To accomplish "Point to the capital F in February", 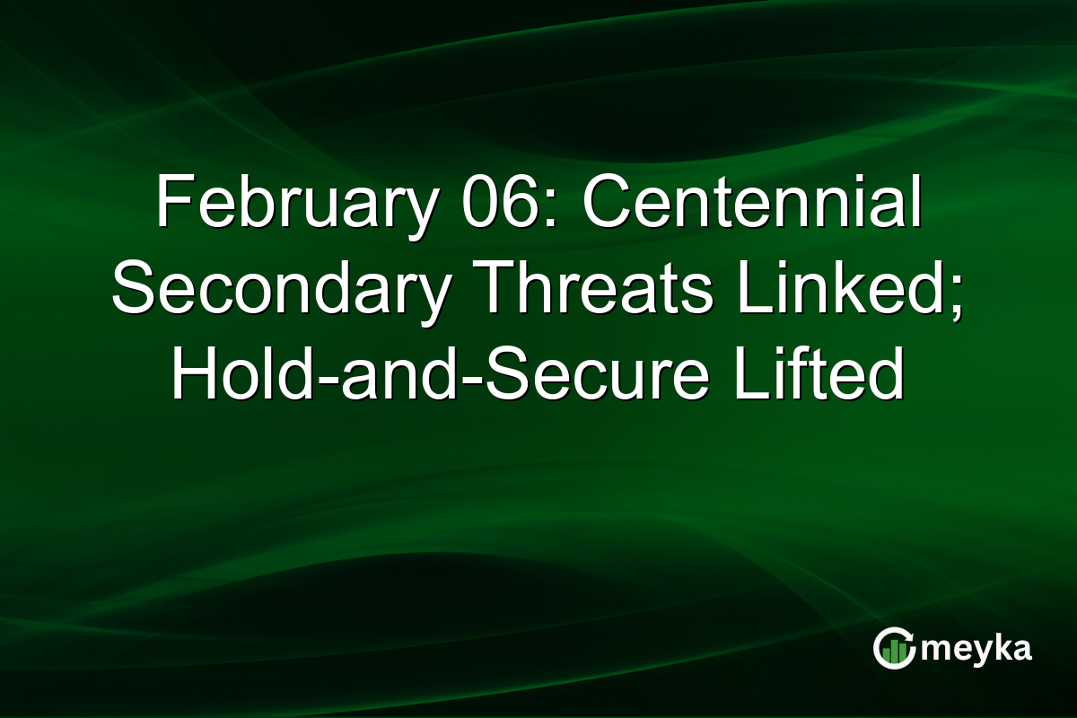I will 171,205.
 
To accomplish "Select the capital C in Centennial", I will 607,205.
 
